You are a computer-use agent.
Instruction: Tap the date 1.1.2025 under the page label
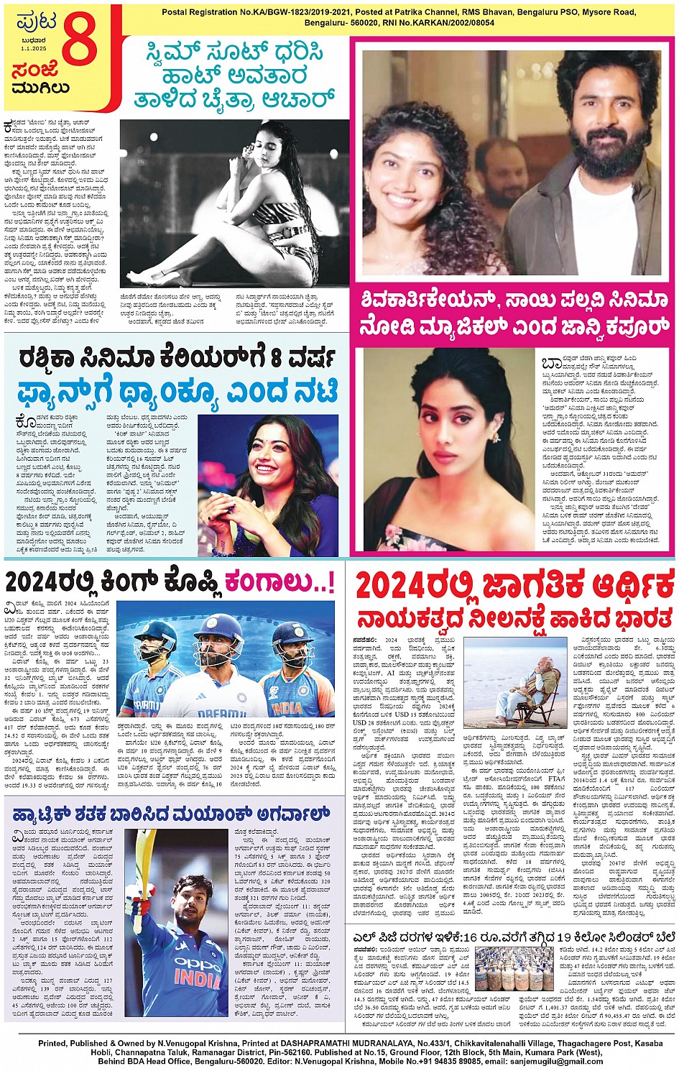pos(33,49)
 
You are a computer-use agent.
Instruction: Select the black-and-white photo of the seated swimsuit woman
pos(234,203)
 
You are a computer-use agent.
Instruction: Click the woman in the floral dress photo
pos(449,449)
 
